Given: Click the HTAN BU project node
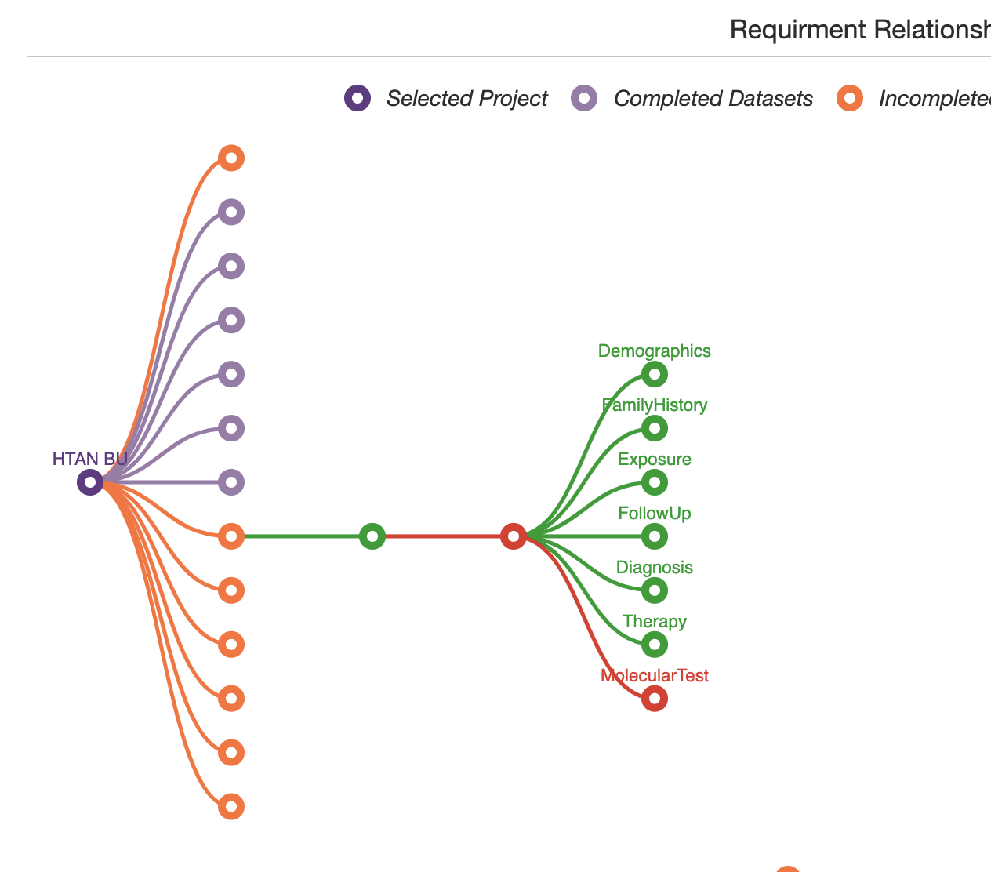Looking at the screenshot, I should point(90,482).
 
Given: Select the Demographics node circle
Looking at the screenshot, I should point(655,374).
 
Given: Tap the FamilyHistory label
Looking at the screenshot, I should point(655,405).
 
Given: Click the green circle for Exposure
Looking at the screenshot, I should point(655,482).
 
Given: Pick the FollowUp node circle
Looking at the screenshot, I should point(655,536).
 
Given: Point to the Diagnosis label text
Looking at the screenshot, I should point(655,568).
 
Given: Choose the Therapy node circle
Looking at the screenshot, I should point(655,645).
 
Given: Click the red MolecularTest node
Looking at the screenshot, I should point(655,698).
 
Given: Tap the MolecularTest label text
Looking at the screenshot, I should point(655,676).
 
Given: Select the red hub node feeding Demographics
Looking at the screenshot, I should point(514,536).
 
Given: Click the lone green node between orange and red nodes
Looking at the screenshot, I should point(372,536).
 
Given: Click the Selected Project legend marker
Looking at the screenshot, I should point(358,99).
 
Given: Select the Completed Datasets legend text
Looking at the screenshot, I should point(713,99).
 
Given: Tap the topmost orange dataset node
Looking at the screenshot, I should point(231,158).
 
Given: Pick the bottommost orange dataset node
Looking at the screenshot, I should point(231,806).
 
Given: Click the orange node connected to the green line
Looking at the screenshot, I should point(231,536).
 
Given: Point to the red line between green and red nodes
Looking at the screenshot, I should point(443,536).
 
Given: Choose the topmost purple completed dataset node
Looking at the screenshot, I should point(231,212).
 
